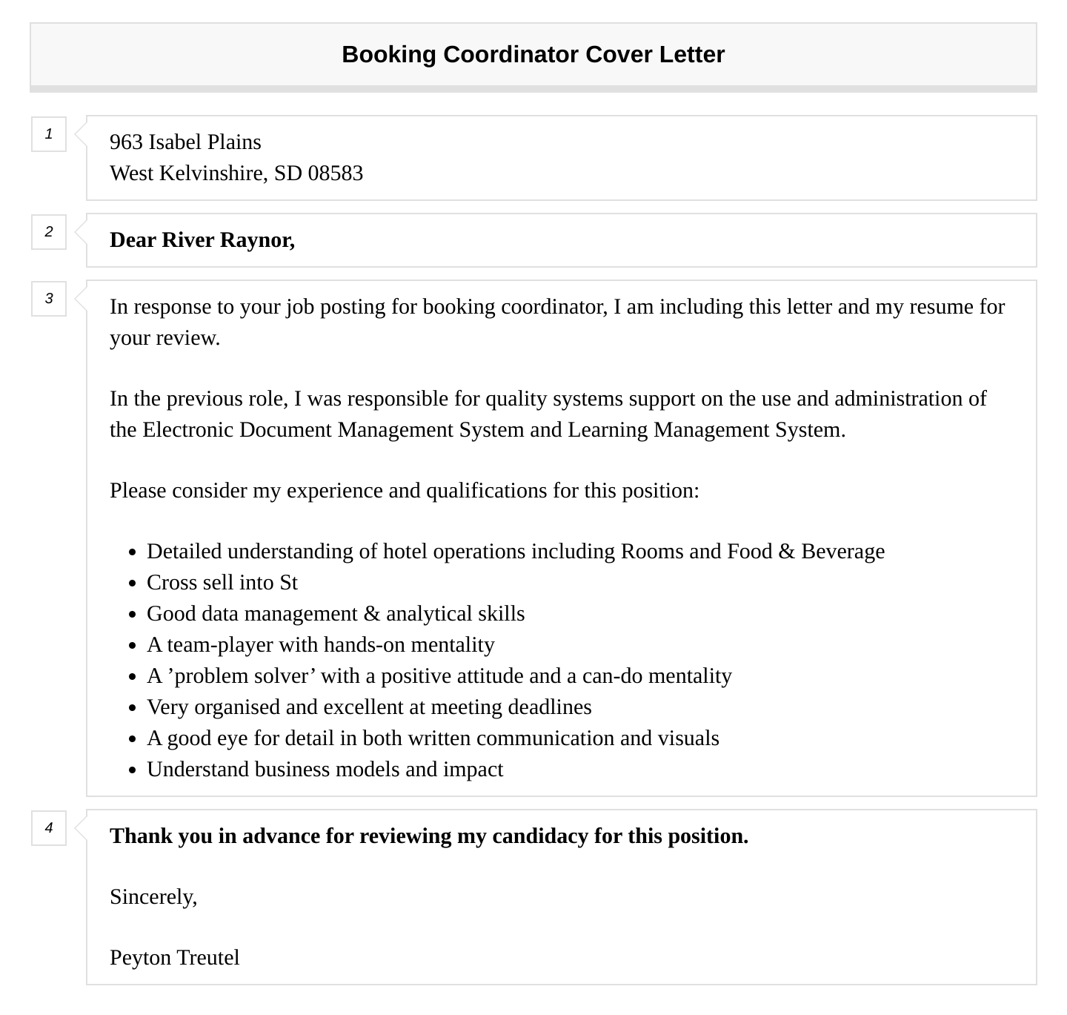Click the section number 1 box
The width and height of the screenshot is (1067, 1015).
click(x=49, y=134)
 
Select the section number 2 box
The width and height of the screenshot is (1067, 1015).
click(x=49, y=232)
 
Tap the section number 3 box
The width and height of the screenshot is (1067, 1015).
click(x=49, y=299)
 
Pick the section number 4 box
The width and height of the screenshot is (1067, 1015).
click(x=49, y=828)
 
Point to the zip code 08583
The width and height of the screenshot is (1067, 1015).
click(x=336, y=173)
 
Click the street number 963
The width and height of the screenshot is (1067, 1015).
click(x=126, y=142)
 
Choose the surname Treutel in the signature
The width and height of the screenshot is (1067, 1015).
click(x=208, y=958)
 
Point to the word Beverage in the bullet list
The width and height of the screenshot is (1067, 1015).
click(x=842, y=552)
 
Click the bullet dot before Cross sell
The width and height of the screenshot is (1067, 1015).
click(x=133, y=584)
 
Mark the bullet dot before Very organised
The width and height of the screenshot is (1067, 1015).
click(x=133, y=709)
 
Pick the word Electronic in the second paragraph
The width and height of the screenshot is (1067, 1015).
click(x=188, y=430)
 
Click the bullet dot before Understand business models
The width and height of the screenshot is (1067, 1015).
click(x=133, y=771)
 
